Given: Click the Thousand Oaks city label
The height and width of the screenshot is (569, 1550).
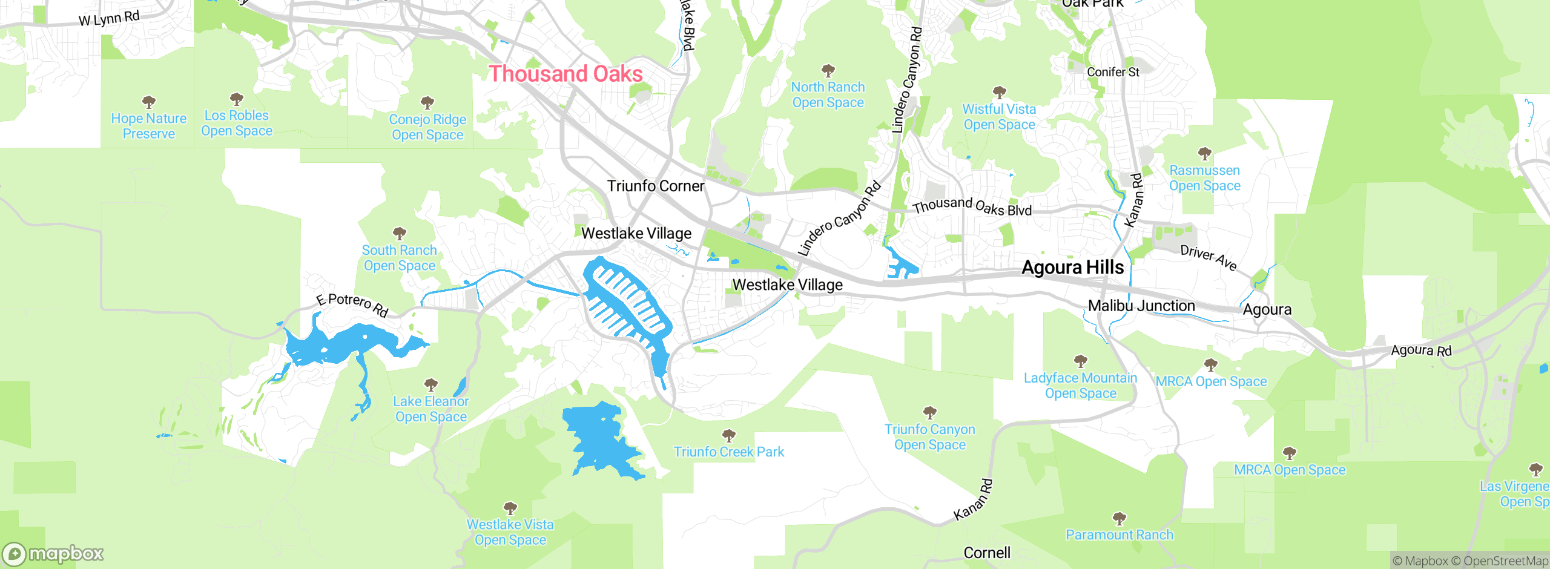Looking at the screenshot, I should [x=566, y=74].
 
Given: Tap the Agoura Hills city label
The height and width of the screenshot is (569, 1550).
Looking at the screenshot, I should [x=1072, y=268].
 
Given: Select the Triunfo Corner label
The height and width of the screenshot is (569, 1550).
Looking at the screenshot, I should [x=656, y=186].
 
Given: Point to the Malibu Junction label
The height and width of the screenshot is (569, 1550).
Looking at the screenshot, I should [x=1141, y=306].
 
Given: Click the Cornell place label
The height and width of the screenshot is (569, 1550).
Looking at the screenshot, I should [x=987, y=553].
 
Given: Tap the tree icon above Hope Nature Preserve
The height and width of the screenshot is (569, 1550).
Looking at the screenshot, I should [x=148, y=102].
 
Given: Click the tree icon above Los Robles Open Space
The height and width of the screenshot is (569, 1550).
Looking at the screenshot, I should [x=237, y=99].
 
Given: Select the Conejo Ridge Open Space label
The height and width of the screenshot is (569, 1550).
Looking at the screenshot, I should [x=427, y=127].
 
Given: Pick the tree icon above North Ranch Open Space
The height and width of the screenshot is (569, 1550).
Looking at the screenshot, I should [x=828, y=70].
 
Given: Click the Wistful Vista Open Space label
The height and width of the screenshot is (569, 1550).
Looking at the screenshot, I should [x=999, y=117].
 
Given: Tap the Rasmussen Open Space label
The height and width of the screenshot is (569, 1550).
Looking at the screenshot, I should [x=1204, y=178].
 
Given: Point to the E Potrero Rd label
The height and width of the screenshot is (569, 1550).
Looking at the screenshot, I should [x=352, y=304].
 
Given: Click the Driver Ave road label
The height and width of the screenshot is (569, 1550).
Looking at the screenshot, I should [x=1209, y=258].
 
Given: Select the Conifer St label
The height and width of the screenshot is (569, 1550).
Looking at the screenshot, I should [x=1113, y=72].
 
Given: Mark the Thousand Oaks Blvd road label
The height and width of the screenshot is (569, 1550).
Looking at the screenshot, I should [x=972, y=206].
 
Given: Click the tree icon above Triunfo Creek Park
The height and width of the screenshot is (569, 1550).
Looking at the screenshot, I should [x=729, y=435].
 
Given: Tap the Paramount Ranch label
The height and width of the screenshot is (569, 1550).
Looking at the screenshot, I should [x=1119, y=534].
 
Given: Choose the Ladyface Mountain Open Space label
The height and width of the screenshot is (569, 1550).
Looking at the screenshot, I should [x=1080, y=386].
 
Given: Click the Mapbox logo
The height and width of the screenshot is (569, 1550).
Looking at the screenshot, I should [x=53, y=554].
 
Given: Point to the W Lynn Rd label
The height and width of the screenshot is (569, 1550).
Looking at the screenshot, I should [x=109, y=18].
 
